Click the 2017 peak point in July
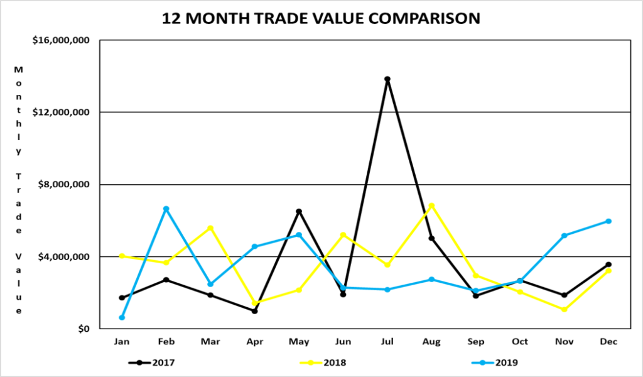click(387, 79)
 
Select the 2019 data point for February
click(166, 209)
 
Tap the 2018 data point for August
click(431, 205)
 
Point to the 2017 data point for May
click(299, 211)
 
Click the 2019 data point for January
click(122, 317)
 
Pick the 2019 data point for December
click(608, 221)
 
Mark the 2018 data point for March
click(210, 227)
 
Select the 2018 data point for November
click(565, 310)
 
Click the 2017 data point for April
click(255, 311)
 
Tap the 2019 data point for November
click(565, 236)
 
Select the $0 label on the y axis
click(83, 329)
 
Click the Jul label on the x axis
click(387, 342)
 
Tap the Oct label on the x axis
click(520, 342)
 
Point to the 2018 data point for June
click(343, 235)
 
